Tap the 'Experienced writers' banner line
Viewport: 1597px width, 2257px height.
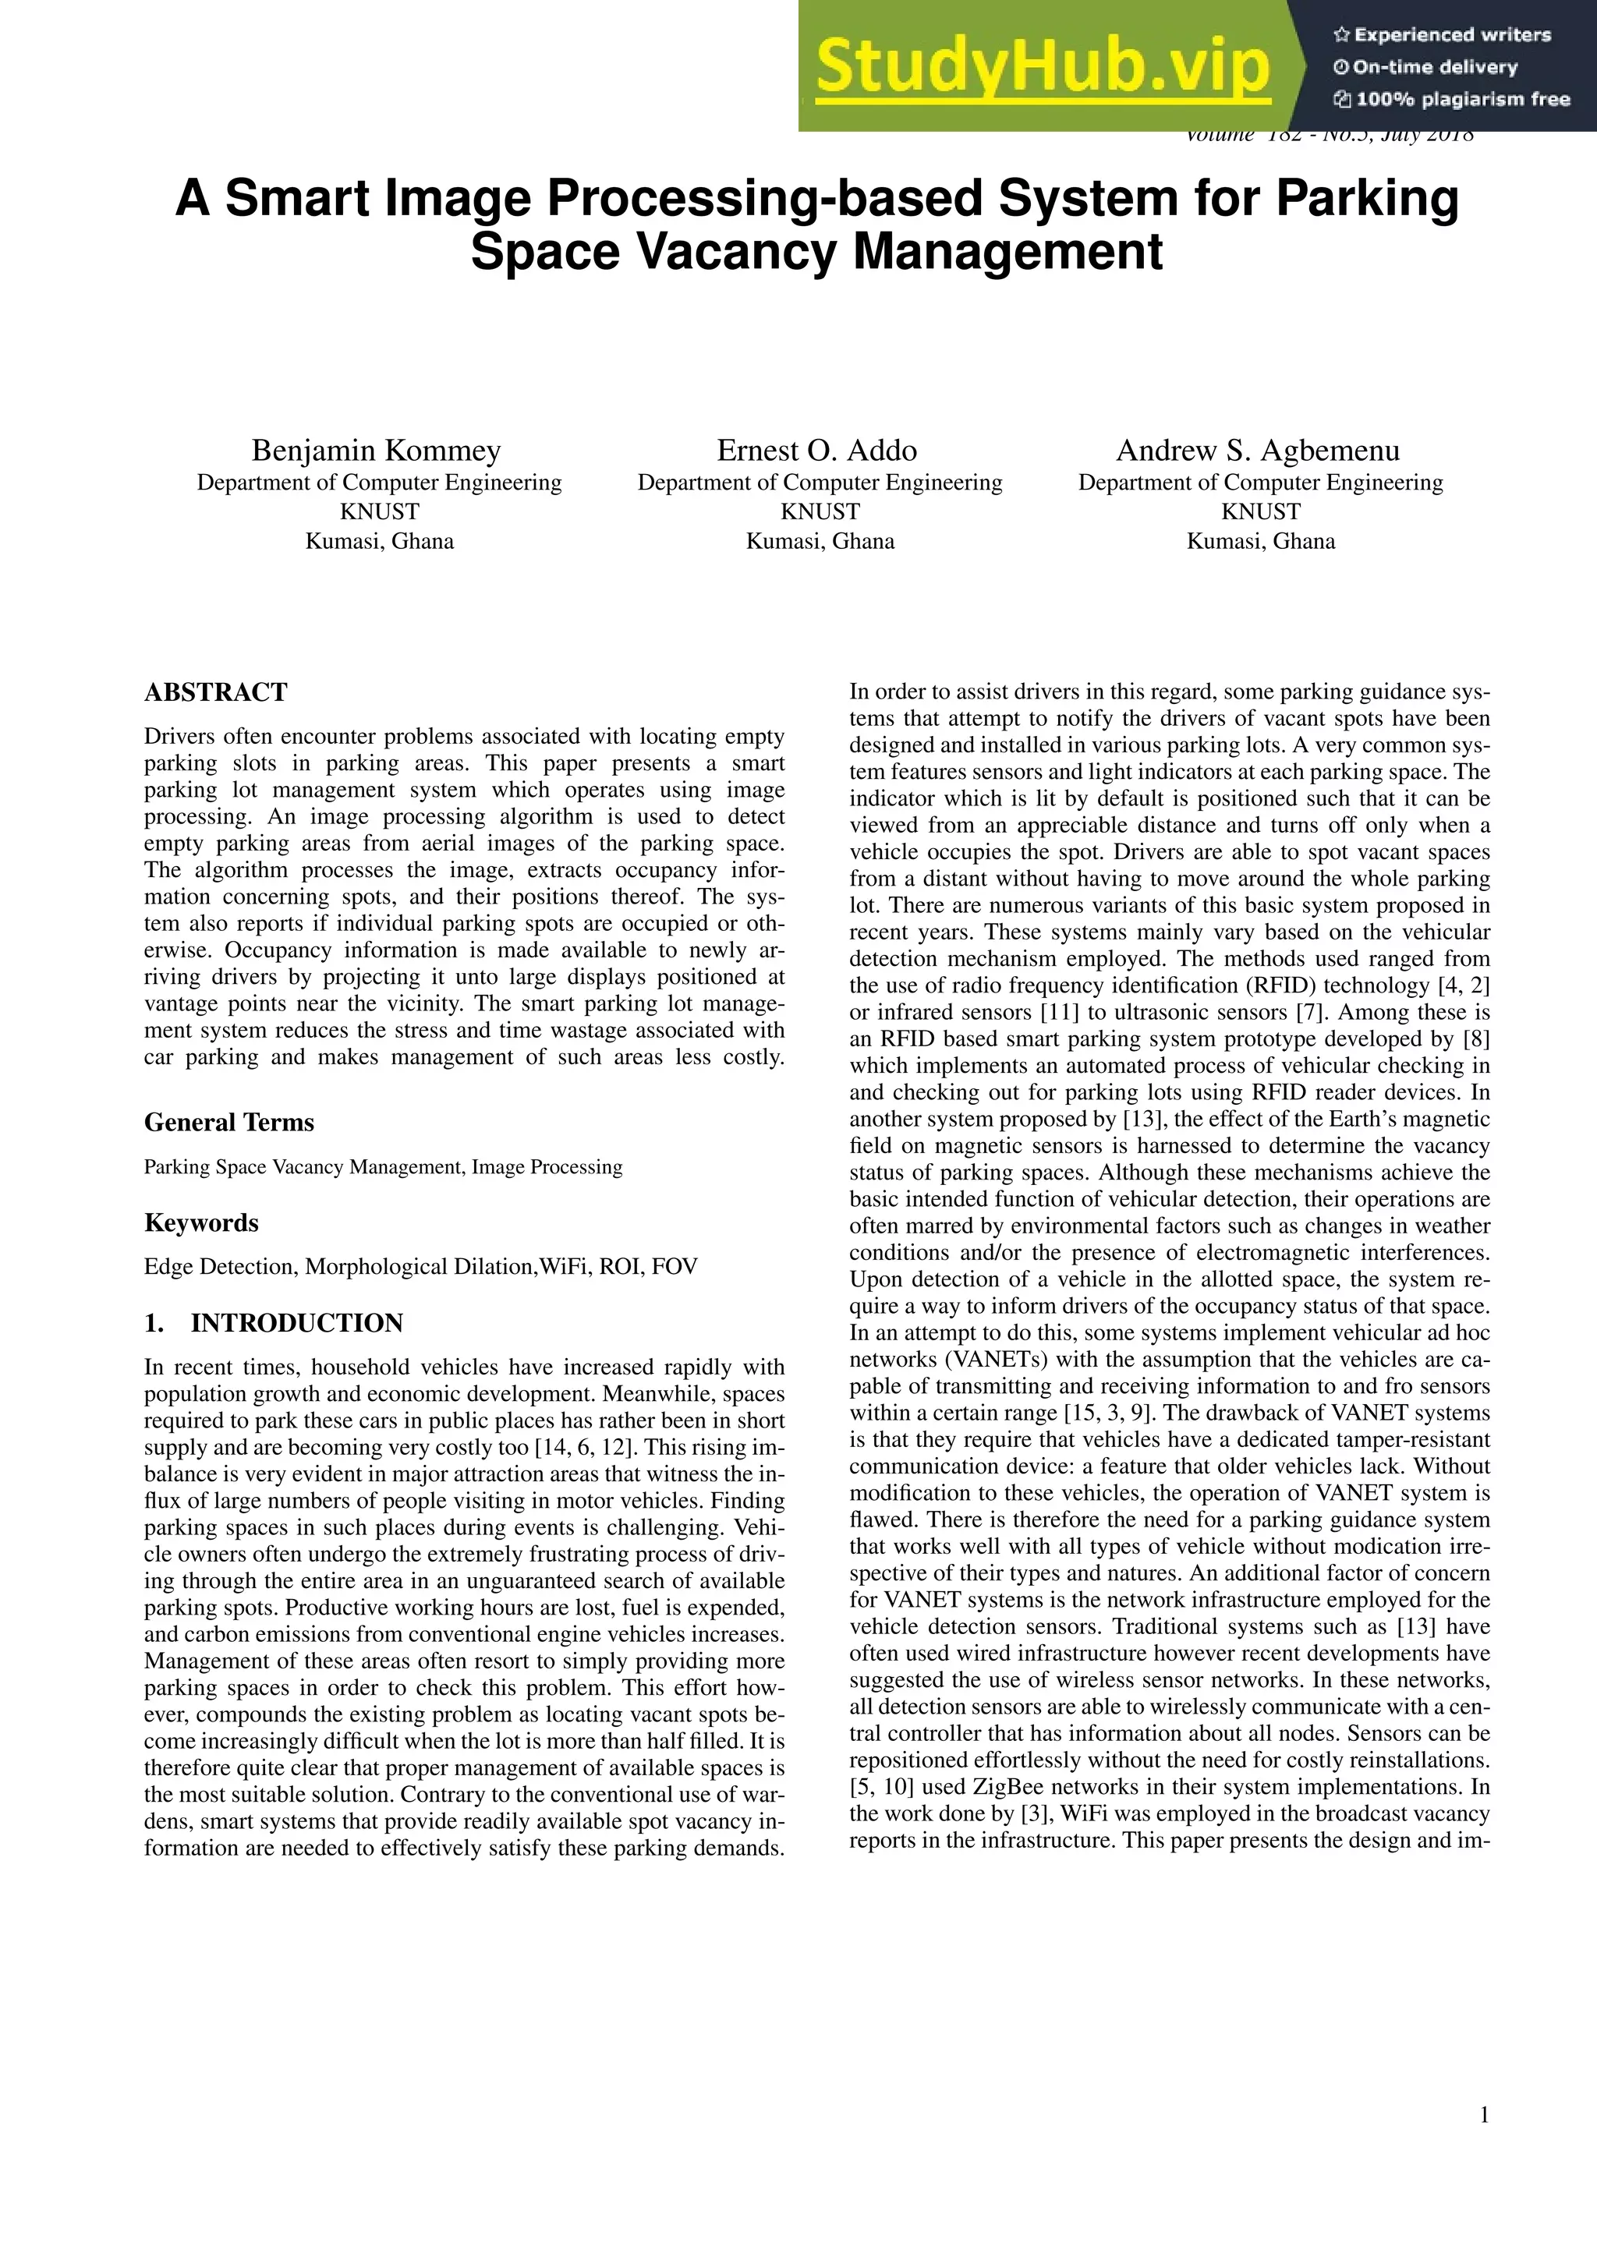coord(1442,35)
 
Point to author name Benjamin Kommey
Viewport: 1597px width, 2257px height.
coord(377,450)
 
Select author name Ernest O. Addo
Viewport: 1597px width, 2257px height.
coord(816,450)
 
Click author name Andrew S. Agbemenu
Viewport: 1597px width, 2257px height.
coord(1258,450)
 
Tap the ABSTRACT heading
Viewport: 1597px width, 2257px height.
coord(215,692)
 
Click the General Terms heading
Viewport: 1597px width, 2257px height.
coord(229,1123)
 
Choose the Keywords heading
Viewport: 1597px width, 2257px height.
coord(202,1223)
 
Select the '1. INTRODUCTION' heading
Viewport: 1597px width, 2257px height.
coord(274,1323)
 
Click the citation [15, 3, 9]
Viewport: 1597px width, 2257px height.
coord(1103,1413)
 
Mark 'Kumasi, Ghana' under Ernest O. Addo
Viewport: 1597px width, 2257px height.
coord(820,542)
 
